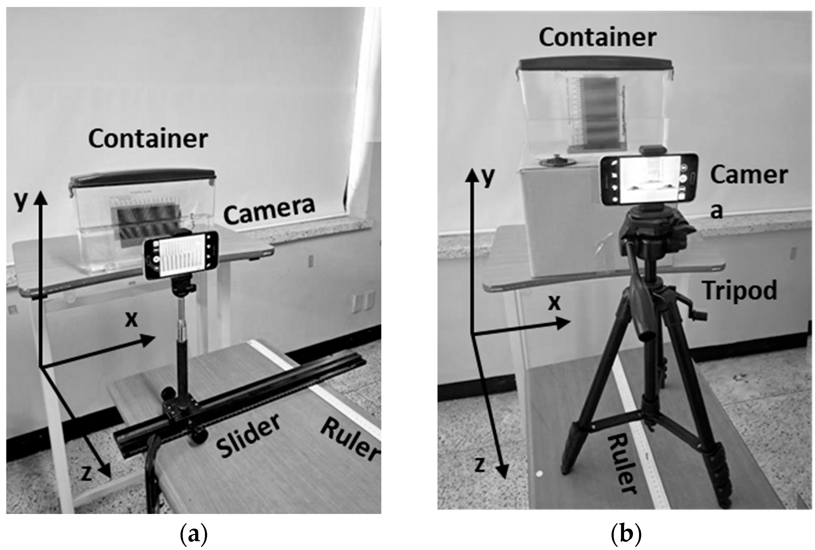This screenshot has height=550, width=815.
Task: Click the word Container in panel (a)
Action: [x=148, y=139]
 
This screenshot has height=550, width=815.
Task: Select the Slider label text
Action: [x=248, y=436]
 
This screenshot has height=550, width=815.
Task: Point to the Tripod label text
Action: [x=740, y=291]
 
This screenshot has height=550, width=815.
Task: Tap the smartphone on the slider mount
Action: [x=181, y=256]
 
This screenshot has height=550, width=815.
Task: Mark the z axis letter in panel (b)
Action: [x=480, y=465]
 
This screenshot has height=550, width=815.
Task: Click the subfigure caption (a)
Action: [x=194, y=534]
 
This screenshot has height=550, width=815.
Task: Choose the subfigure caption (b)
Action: [x=626, y=534]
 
